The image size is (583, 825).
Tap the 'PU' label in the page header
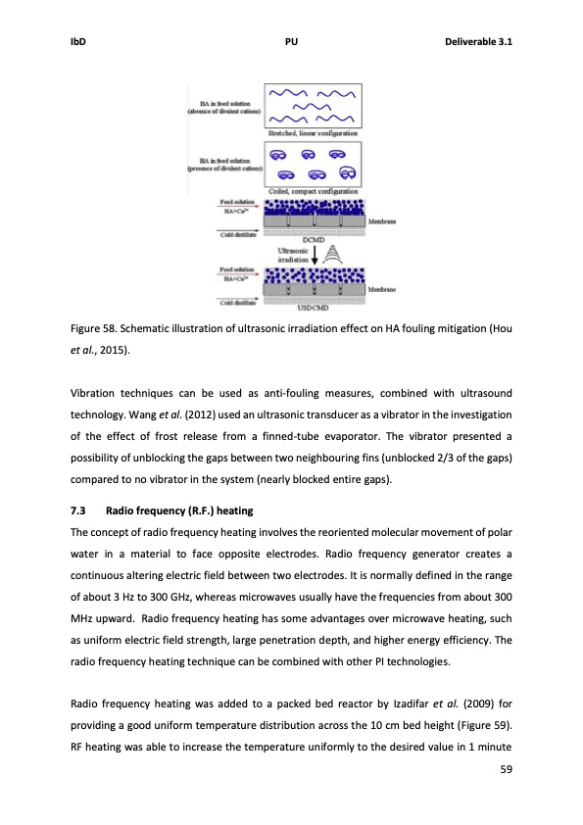(291, 42)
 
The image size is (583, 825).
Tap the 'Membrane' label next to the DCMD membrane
(383, 221)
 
